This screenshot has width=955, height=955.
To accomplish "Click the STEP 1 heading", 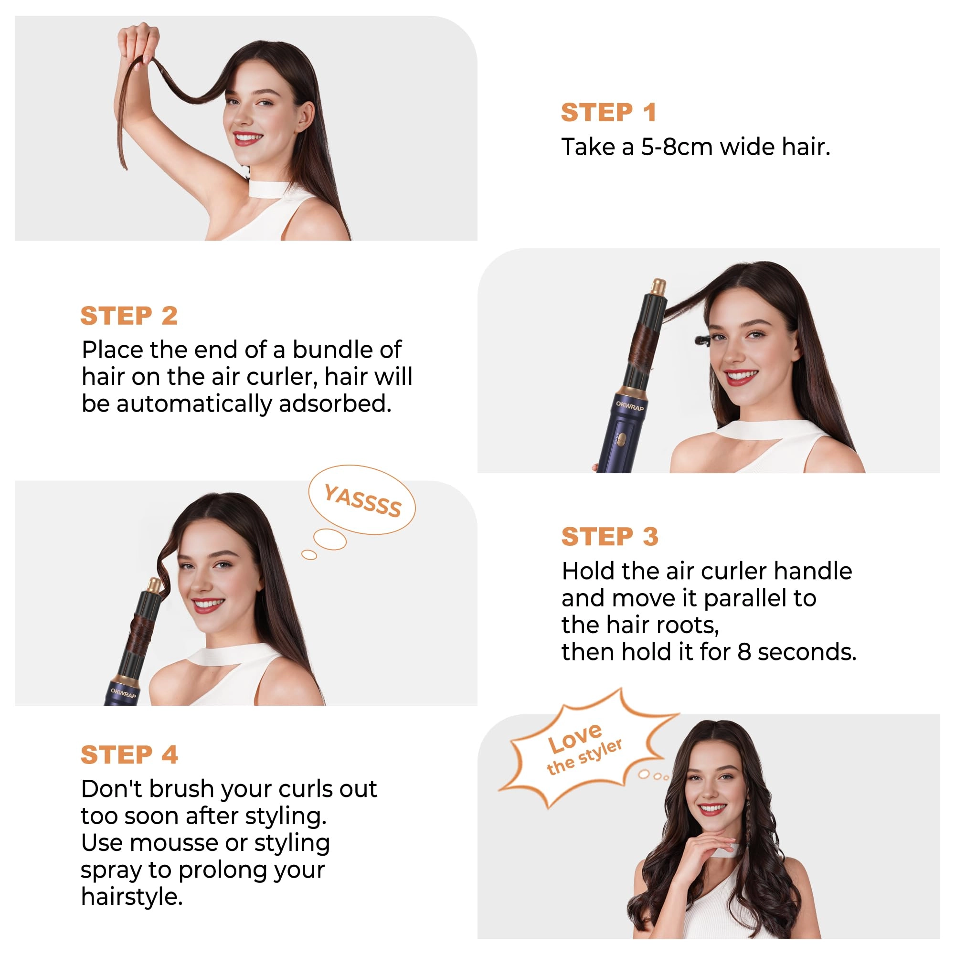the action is (x=608, y=112).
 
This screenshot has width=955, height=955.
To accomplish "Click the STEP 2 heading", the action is (x=129, y=315).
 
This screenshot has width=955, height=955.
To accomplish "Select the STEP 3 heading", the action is (x=610, y=536).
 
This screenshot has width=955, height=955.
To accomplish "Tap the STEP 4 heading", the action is (x=129, y=755).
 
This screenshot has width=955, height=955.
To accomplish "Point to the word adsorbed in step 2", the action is (x=335, y=403).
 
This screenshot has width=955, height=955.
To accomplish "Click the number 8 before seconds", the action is (x=744, y=652).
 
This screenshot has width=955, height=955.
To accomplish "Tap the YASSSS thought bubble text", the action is (x=362, y=500).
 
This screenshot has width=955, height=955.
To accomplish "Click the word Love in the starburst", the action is (x=575, y=738).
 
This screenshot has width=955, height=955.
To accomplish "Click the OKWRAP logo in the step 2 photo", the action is (x=630, y=406).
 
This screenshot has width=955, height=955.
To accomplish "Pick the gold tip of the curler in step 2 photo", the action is (x=658, y=286).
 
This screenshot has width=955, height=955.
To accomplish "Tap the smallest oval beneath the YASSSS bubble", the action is (x=309, y=554).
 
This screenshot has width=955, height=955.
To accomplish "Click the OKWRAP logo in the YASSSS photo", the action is (x=123, y=693).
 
